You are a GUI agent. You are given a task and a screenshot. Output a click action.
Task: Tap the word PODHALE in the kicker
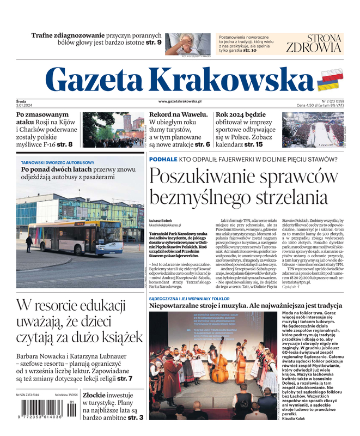tap(163, 160)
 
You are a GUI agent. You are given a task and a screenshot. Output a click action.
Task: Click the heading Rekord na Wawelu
tap(179, 115)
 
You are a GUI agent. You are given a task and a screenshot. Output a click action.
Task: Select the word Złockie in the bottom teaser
tap(97, 394)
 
